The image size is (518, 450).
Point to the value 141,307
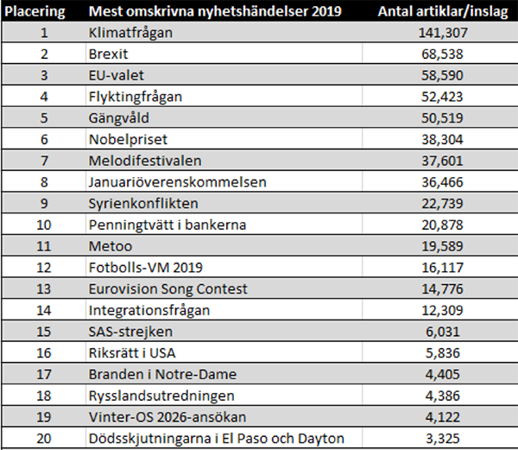[x=442, y=34]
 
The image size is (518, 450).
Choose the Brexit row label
[x=110, y=54]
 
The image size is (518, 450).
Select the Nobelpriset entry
[x=128, y=138]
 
